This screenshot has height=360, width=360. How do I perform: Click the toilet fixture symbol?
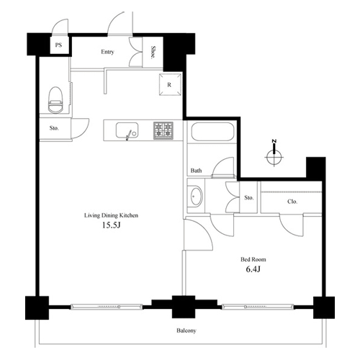coord(55,100)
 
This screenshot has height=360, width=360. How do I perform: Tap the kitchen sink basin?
coord(127,130)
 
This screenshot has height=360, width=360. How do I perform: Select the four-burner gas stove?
coord(163,130)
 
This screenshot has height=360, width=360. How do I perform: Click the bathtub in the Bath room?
coord(212,132)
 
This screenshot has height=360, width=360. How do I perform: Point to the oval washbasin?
coord(197,196)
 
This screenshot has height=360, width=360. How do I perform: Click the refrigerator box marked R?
coord(170,84)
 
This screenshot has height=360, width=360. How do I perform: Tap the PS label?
coord(58,45)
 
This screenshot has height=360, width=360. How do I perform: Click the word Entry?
coord(107,52)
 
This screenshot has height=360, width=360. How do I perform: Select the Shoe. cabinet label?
coord(152,53)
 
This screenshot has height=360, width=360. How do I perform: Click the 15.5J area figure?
coord(111,225)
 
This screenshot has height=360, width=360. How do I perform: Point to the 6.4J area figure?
coord(253,269)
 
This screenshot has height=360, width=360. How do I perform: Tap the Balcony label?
coord(186,330)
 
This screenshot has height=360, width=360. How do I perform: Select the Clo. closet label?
coord(292,202)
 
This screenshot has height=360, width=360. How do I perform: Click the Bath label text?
coord(196,171)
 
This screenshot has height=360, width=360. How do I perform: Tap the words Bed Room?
coord(253,259)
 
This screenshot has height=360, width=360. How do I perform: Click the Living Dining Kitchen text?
coord(111,215)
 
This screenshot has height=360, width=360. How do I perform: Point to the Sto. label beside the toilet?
coord(54,128)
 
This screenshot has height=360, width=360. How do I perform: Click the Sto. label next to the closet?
coord(249,197)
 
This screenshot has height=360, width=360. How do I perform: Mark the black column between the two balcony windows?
coord(184,307)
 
